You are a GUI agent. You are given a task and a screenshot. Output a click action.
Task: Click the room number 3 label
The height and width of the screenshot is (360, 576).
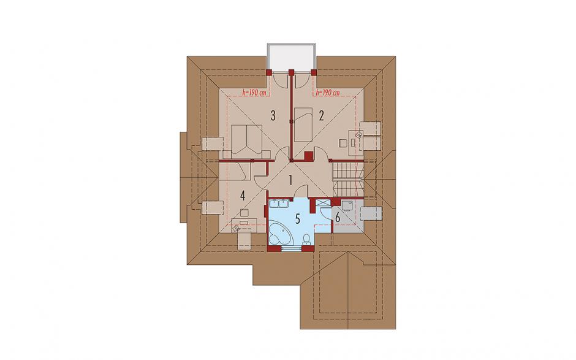[x=273, y=116]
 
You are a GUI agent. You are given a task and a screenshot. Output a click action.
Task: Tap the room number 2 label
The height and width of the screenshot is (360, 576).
[x=322, y=116]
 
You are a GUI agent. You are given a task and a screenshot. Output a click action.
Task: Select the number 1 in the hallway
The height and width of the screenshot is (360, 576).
[x=290, y=180]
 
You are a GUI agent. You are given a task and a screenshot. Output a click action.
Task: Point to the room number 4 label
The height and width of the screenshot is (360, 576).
[x=243, y=196]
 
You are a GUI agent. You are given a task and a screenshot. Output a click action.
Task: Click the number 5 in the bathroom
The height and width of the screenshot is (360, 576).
[x=298, y=219]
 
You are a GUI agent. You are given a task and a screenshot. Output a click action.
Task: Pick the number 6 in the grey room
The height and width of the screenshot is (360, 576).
[x=338, y=217]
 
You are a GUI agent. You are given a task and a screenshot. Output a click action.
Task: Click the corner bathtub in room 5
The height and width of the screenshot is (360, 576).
[x=281, y=232]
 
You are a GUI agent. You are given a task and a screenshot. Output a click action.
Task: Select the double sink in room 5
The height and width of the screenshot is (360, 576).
[x=279, y=204]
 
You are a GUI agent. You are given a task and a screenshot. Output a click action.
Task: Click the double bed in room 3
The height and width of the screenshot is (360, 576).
[x=248, y=140]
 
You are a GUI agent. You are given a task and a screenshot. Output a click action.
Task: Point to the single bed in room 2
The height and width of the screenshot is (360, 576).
[x=303, y=124]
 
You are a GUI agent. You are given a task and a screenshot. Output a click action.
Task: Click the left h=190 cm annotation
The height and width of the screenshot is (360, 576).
[x=254, y=93]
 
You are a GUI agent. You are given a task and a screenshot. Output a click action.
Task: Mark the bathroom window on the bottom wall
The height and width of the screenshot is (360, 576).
[x=291, y=248]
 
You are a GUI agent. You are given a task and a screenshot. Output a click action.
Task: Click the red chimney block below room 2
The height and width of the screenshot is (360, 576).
[x=308, y=156]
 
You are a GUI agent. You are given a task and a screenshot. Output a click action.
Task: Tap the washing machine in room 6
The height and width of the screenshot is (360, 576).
[x=347, y=205]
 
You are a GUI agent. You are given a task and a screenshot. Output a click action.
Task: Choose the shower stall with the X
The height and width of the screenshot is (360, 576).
[x=324, y=204]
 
